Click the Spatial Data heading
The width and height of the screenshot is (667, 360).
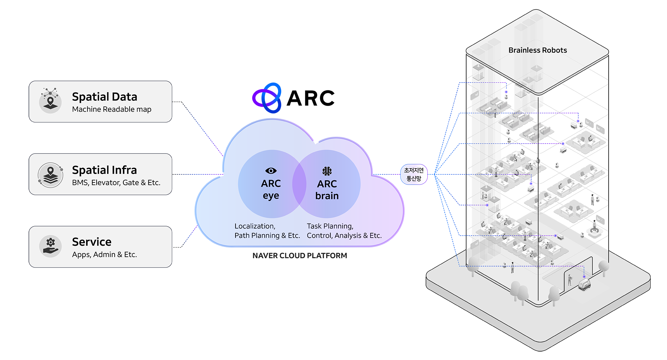click(x=104, y=97)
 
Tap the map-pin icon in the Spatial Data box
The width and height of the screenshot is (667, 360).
click(x=51, y=100)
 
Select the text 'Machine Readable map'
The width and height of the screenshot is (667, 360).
click(x=112, y=109)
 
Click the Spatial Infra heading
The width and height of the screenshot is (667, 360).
click(x=104, y=170)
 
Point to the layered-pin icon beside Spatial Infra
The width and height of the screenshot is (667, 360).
click(x=51, y=175)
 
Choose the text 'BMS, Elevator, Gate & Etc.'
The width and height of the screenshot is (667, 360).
click(x=116, y=183)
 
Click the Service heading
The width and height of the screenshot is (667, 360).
click(x=92, y=242)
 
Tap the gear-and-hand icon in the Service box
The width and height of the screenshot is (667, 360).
click(x=51, y=246)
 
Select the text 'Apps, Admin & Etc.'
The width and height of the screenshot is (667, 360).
click(x=104, y=255)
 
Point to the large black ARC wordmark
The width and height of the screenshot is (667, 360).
click(x=311, y=98)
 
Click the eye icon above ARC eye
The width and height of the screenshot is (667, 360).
click(x=271, y=171)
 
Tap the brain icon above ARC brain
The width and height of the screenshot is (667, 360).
click(x=327, y=171)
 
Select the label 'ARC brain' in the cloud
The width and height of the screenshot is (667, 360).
click(x=327, y=190)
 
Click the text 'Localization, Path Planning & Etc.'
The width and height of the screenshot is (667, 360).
click(x=267, y=231)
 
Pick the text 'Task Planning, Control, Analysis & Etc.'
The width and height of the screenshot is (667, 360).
click(x=344, y=231)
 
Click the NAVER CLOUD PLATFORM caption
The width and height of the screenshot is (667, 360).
click(x=299, y=256)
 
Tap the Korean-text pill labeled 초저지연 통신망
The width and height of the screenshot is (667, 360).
click(x=414, y=174)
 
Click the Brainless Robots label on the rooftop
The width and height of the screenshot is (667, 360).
click(x=537, y=50)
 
